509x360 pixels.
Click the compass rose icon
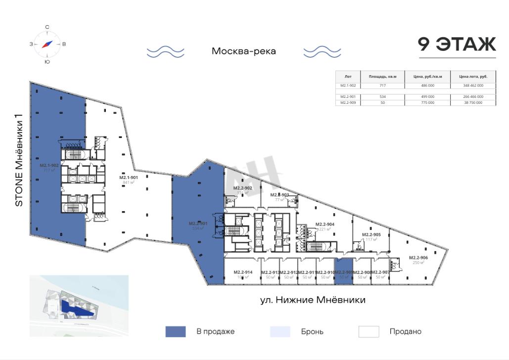[47, 44]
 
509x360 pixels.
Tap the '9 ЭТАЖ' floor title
[457, 45]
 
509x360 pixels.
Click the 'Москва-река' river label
[243, 51]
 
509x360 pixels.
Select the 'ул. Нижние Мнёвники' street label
[313, 300]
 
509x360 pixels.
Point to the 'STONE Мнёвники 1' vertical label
[19, 161]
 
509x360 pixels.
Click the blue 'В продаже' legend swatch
[176, 331]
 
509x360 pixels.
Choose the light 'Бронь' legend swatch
[280, 331]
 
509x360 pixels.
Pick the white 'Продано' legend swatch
[369, 331]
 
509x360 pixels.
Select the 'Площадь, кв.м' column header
[379, 77]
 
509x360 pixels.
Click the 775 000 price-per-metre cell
[427, 102]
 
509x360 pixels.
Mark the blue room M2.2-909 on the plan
[344, 272]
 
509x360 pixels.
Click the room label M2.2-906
[418, 258]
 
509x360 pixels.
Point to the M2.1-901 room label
[128, 178]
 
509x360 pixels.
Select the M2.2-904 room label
[325, 225]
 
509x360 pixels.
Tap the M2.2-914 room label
[243, 272]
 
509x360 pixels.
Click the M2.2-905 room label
[371, 235]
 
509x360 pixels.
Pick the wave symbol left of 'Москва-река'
[165, 51]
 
